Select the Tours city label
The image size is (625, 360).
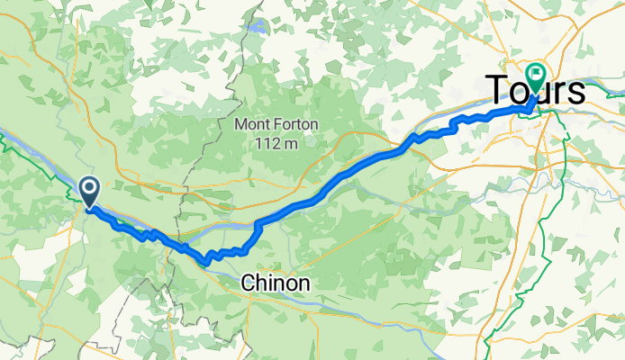point(536,90)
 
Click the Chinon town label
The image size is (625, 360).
point(276,283)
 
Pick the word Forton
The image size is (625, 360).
point(293,125)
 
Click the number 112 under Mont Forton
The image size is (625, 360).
point(266,142)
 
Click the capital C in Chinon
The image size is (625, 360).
point(248,283)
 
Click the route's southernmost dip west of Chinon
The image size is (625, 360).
point(206,263)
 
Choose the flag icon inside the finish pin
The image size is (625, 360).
point(538,75)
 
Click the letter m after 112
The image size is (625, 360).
point(289,142)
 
